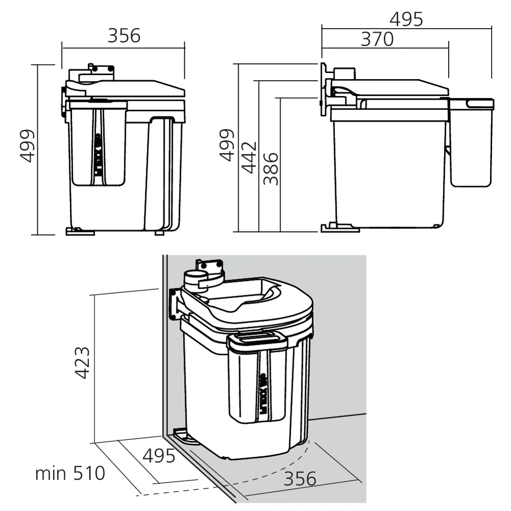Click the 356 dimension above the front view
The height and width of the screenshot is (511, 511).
pos(124,36)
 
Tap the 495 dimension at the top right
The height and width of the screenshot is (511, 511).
pos(406,19)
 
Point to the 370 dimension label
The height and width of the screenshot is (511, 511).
pos(377,39)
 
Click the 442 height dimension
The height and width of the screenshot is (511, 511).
pos(248,157)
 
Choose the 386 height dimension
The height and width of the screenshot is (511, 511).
pos(271,168)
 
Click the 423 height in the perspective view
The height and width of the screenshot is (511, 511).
pos(82,362)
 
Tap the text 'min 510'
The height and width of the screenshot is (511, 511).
pos(70,473)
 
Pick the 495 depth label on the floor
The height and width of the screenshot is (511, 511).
pos(158,456)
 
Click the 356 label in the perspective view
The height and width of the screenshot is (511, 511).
pos(300,479)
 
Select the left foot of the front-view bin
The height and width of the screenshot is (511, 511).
pos(80,231)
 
